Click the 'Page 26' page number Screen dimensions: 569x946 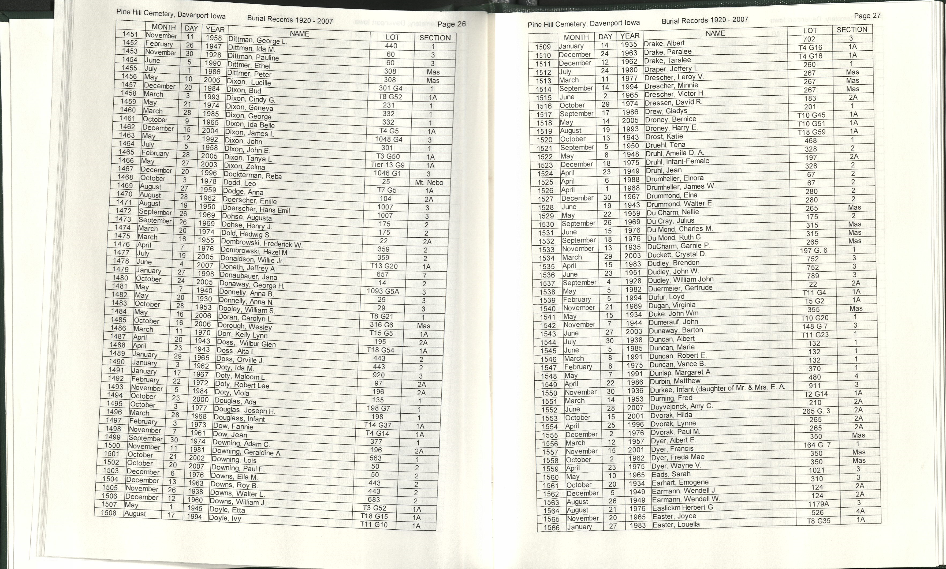(x=451, y=24)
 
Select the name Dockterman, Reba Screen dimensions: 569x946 (x=253, y=175)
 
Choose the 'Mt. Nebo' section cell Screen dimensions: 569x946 (x=429, y=182)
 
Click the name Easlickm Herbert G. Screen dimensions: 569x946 (x=683, y=508)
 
